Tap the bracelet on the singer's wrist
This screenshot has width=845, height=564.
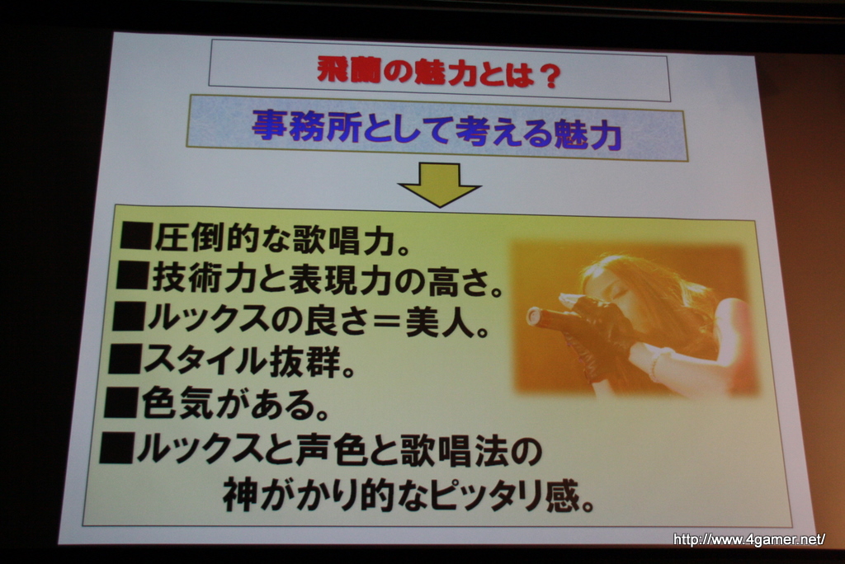coord(655,364)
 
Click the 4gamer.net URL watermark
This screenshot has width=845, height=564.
coord(749,539)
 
